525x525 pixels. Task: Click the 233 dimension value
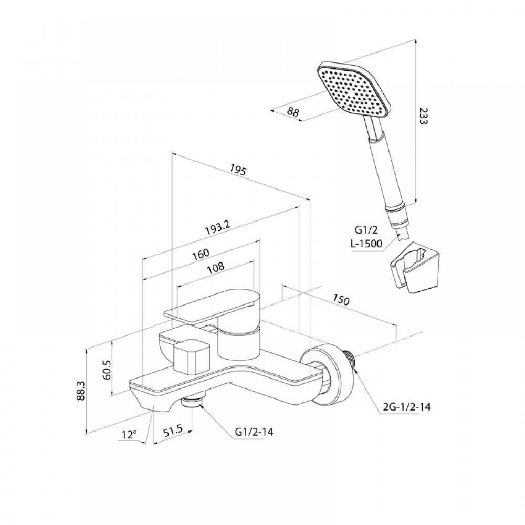pyautogui.click(x=424, y=115)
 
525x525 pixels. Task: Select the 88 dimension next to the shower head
pyautogui.click(x=293, y=111)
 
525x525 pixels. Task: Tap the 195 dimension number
pyautogui.click(x=238, y=170)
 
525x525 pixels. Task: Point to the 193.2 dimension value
pyautogui.click(x=218, y=229)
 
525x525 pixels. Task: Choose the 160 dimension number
pyautogui.click(x=201, y=254)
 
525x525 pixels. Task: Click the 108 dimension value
pyautogui.click(x=215, y=268)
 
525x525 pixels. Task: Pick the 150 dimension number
pyautogui.click(x=341, y=300)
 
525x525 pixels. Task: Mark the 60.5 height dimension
pyautogui.click(x=108, y=370)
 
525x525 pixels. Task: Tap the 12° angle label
pyautogui.click(x=130, y=435)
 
